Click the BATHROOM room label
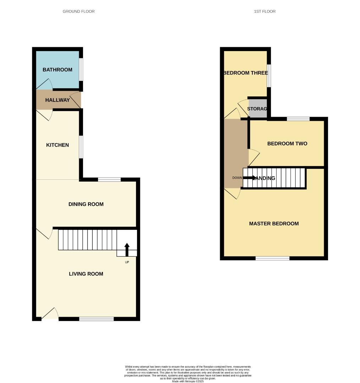[x=58, y=70]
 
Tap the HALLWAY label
[x=58, y=100]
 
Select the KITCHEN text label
[x=58, y=145]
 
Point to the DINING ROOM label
[x=86, y=204]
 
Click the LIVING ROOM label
[x=86, y=274]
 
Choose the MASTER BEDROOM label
[x=274, y=224]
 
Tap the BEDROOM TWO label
[x=287, y=144]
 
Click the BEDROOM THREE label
[x=245, y=73]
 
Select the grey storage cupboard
[x=257, y=109]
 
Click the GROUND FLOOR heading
[x=78, y=11]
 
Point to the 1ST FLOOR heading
[x=265, y=11]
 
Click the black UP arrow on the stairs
[x=127, y=250]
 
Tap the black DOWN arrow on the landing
[x=250, y=178]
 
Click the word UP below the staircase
[x=127, y=262]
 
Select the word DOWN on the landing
[x=237, y=178]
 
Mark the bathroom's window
[x=81, y=70]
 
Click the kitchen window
[x=81, y=147]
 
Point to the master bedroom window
[x=273, y=258]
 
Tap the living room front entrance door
[x=50, y=316]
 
